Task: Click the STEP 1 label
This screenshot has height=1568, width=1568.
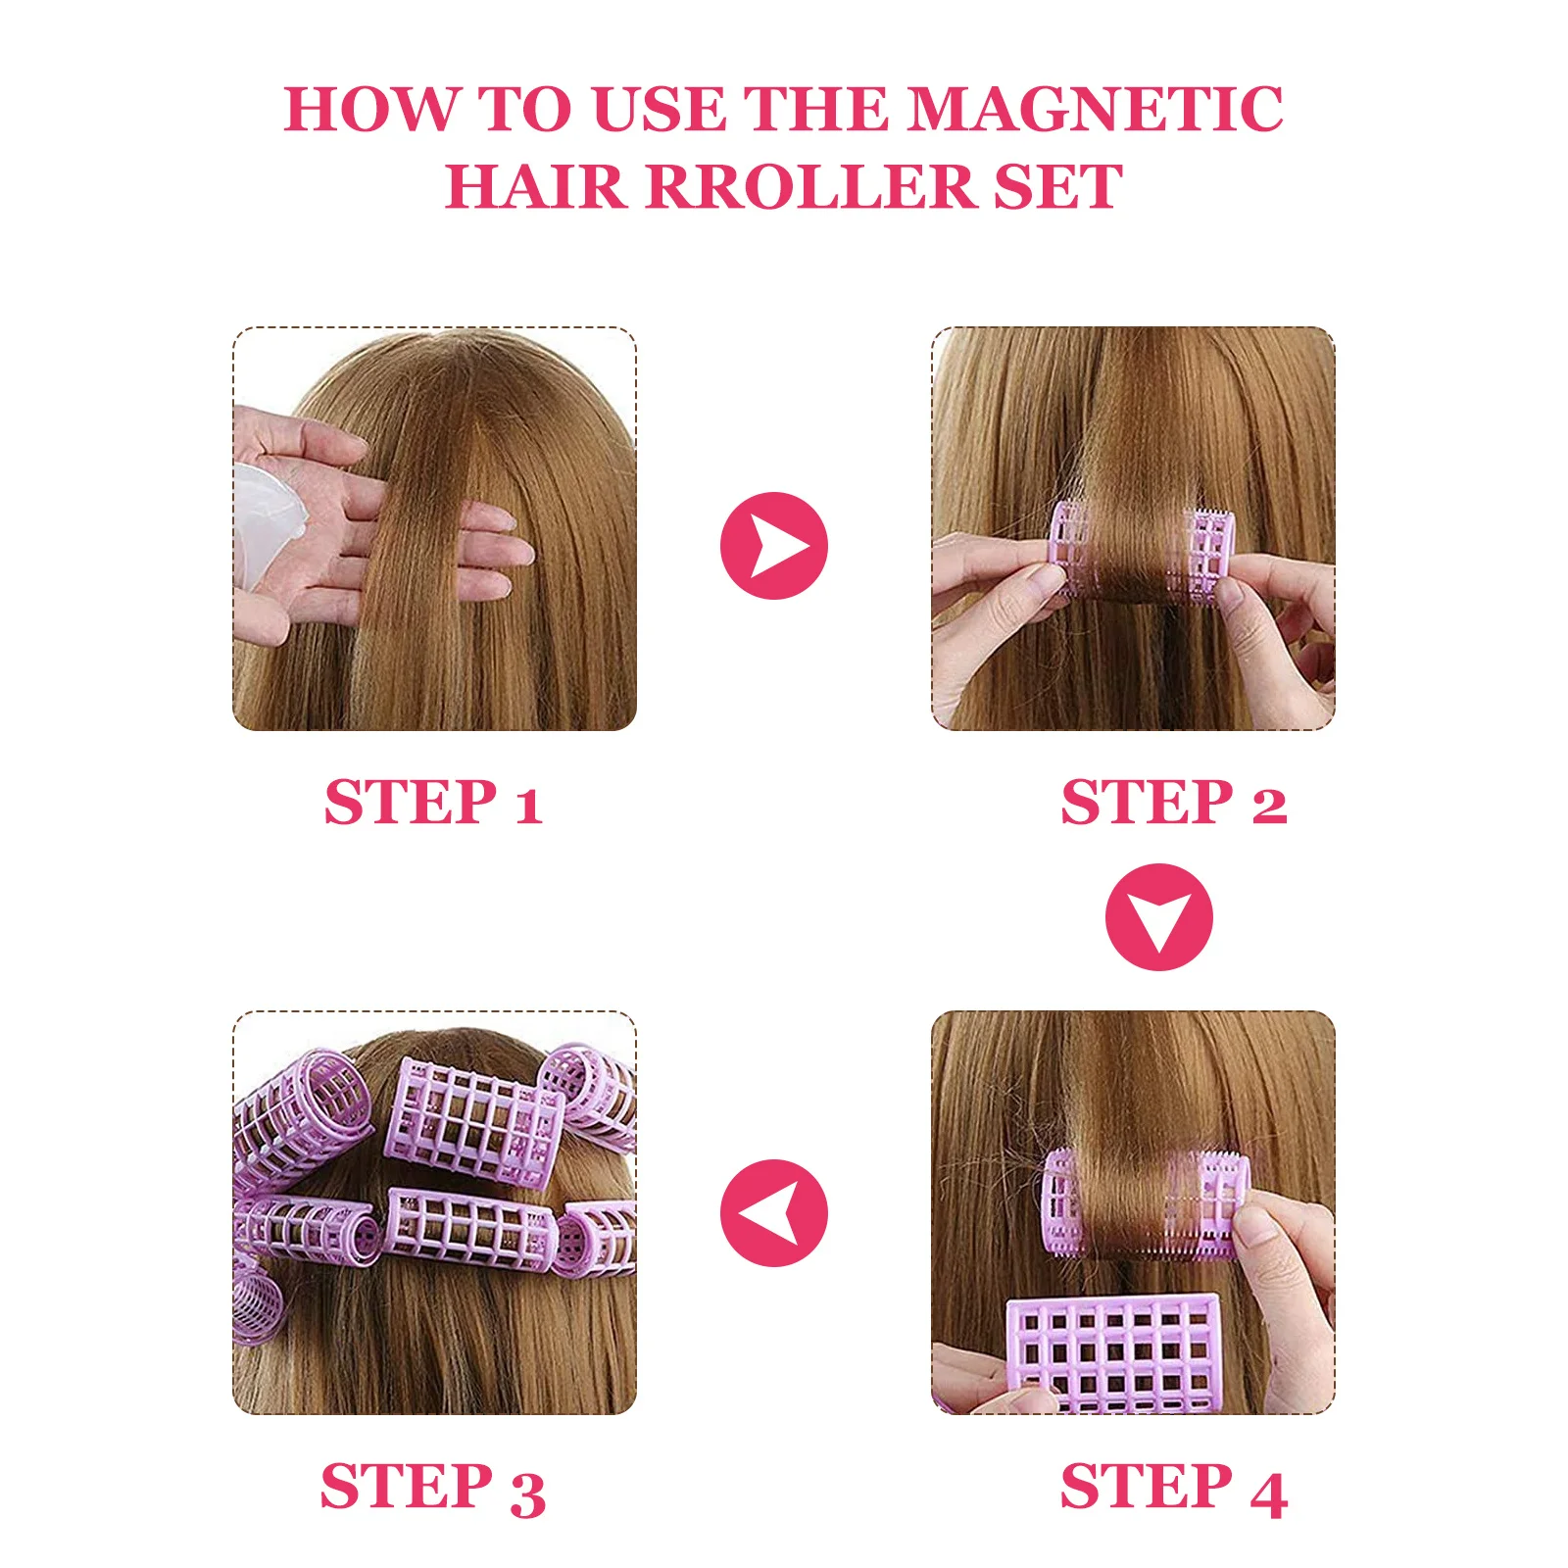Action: pos(433,803)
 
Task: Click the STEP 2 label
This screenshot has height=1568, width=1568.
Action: pos(1173,803)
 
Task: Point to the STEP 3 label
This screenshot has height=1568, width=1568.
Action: pos(433,1488)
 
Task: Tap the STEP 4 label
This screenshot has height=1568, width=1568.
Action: pos(1173,1488)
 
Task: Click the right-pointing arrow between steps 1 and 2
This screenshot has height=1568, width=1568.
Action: pos(773,545)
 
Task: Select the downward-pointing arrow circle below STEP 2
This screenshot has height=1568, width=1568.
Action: pos(1158,917)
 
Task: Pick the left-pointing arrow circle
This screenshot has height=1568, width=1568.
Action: pos(773,1212)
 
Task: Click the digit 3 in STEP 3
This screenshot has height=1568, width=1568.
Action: pos(527,1493)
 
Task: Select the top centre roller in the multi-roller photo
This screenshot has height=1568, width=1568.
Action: pos(474,1119)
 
